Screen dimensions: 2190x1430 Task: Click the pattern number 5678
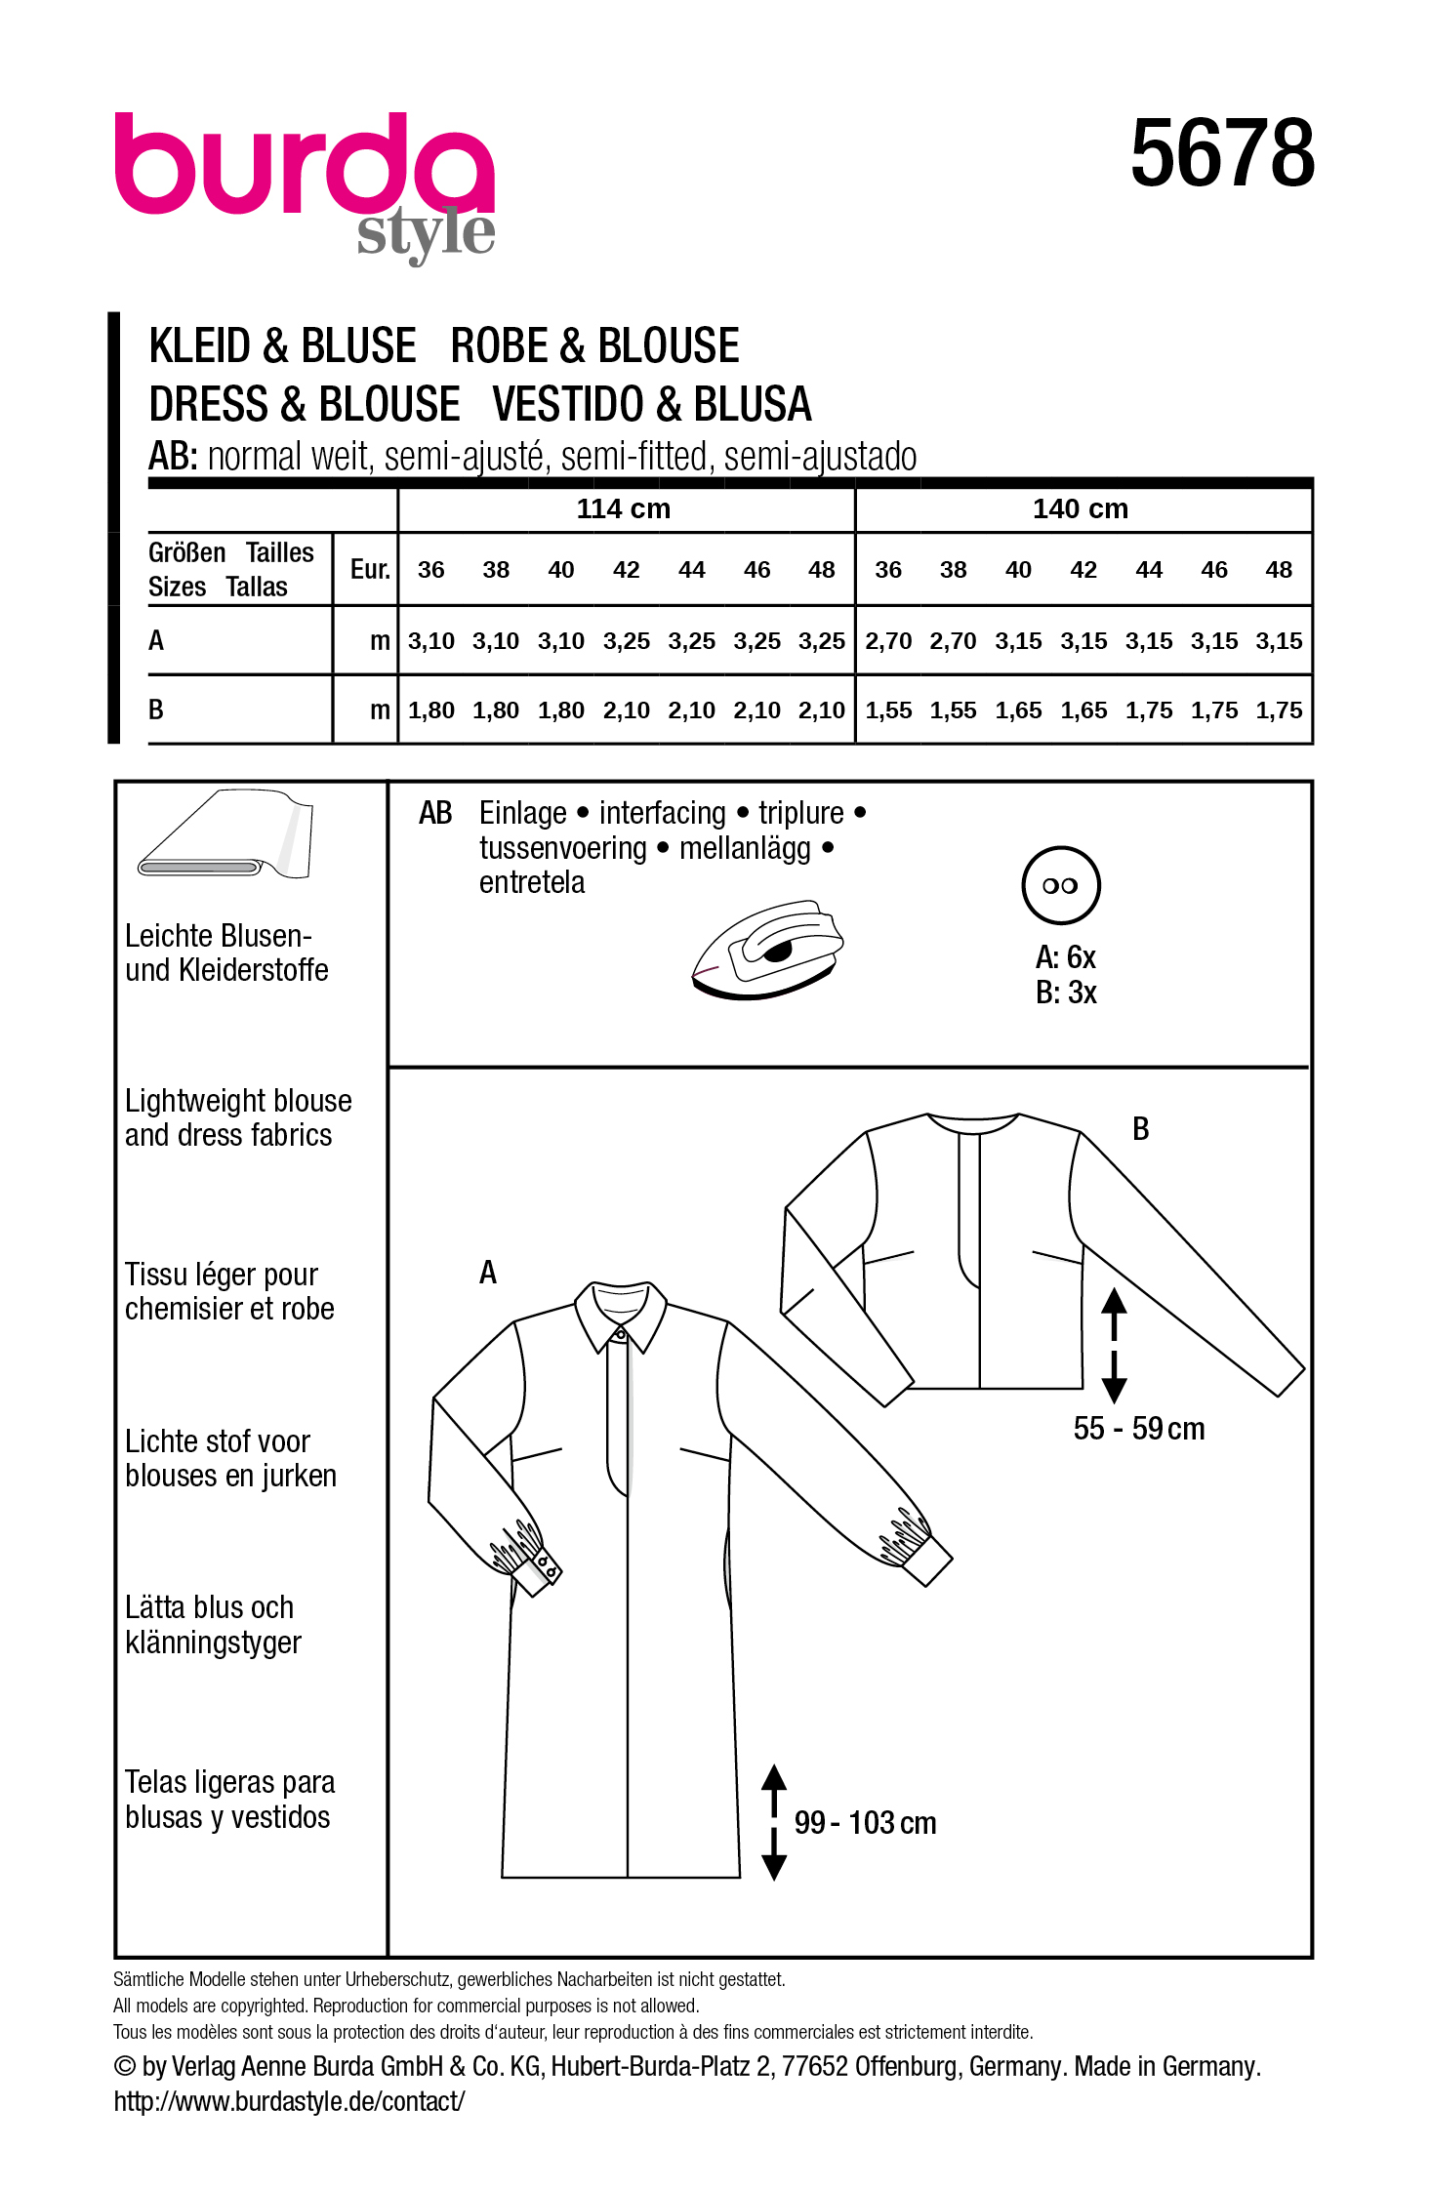click(1221, 154)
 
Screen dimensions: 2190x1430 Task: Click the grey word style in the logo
click(426, 233)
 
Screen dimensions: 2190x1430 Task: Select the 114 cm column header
click(624, 509)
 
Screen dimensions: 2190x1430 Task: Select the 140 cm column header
click(1080, 509)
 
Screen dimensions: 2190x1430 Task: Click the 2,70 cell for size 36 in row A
click(887, 641)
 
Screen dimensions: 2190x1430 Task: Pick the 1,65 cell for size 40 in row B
click(1018, 710)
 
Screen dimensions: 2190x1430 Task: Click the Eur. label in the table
click(370, 570)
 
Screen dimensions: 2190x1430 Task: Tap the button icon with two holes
click(1060, 885)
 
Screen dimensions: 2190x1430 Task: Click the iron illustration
click(768, 949)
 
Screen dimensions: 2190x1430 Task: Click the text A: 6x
click(1065, 957)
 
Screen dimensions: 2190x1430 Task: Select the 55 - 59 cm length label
click(1138, 1429)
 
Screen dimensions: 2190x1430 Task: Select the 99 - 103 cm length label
click(865, 1823)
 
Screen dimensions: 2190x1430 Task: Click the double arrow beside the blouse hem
click(1114, 1345)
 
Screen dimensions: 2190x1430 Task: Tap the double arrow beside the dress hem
click(774, 1822)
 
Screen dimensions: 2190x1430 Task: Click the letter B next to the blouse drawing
click(1140, 1129)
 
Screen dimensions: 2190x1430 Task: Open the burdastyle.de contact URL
click(289, 2101)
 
